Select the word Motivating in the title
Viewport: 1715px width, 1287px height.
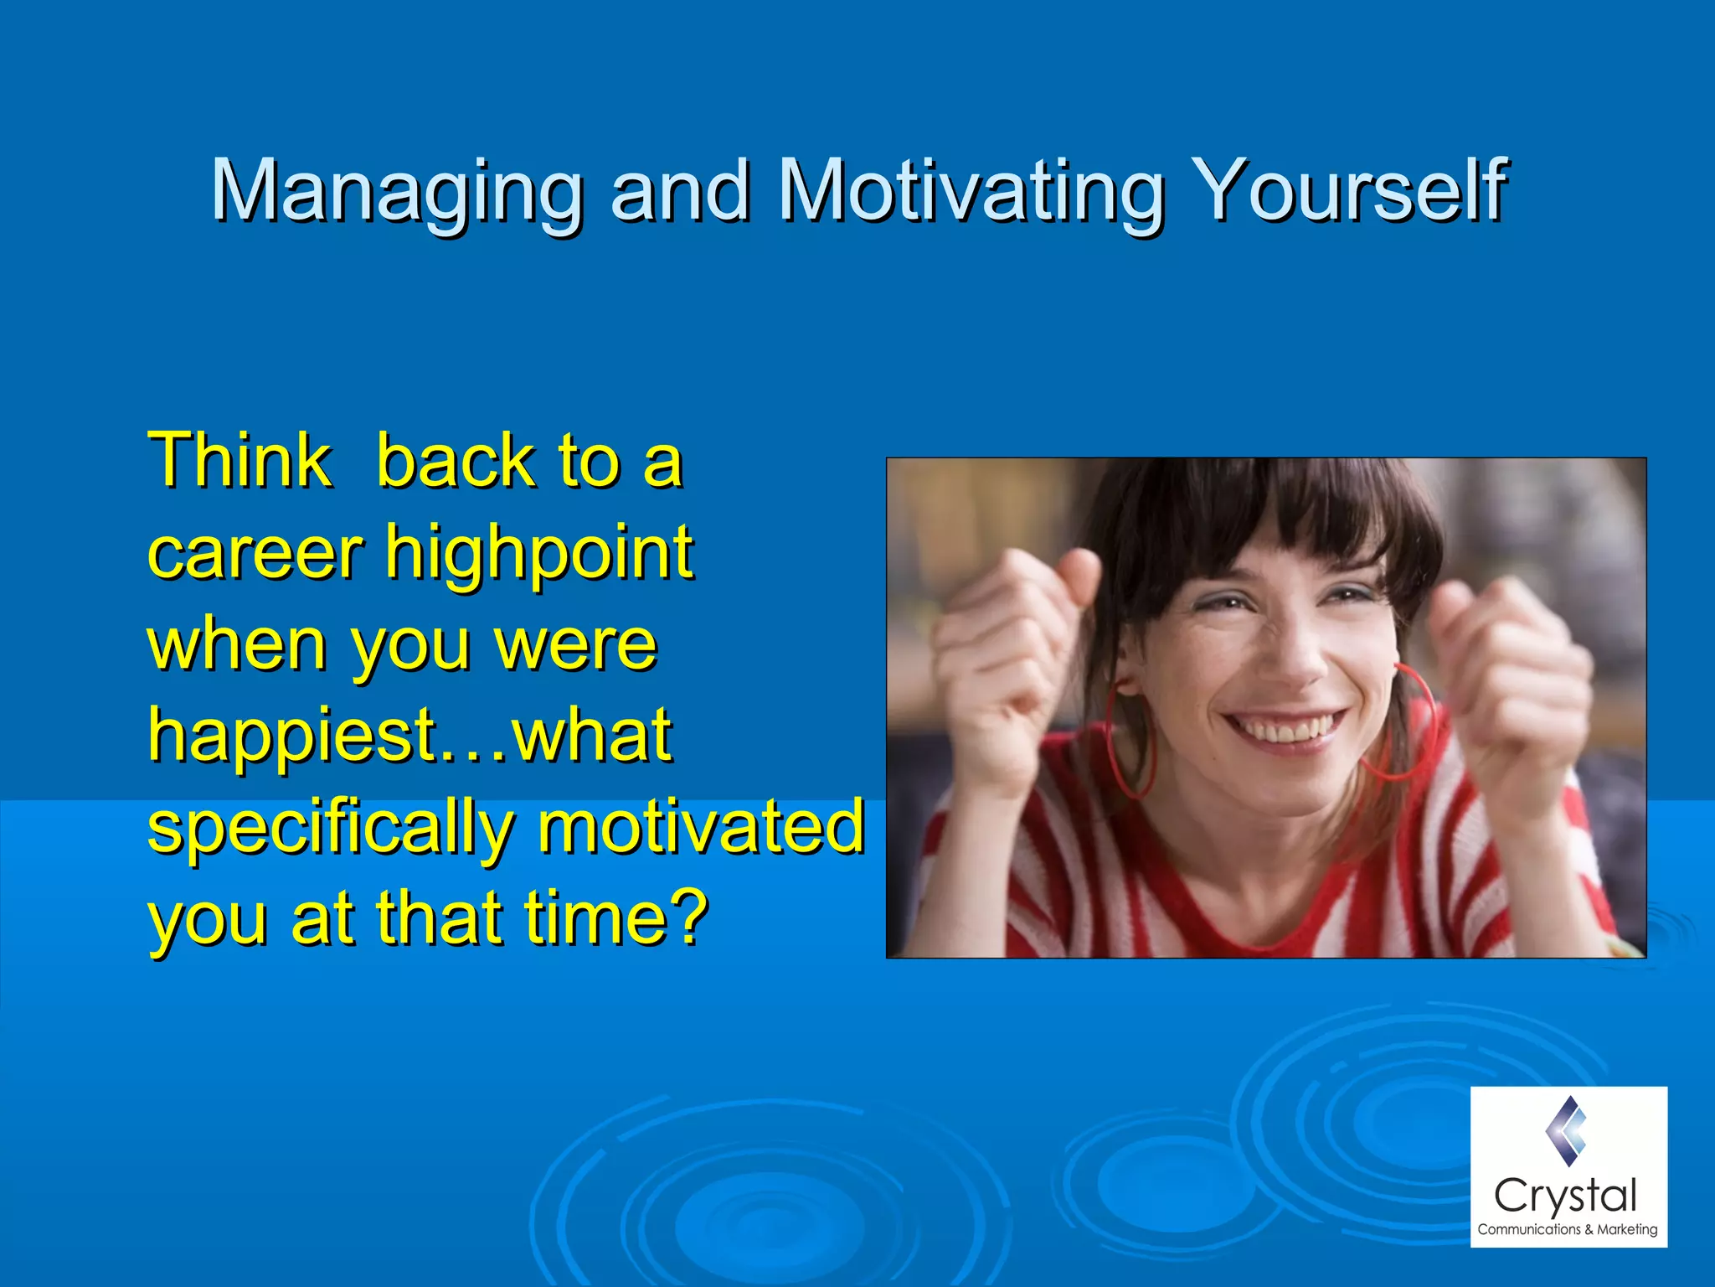pyautogui.click(x=971, y=192)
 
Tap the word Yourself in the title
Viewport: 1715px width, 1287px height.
pyautogui.click(x=1349, y=192)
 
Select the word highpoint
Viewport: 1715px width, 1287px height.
pyautogui.click(x=539, y=555)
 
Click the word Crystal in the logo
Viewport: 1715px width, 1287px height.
pyautogui.click(x=1565, y=1195)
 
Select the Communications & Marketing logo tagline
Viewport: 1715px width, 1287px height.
pyautogui.click(x=1567, y=1229)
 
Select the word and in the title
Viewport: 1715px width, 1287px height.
pyautogui.click(x=680, y=192)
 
